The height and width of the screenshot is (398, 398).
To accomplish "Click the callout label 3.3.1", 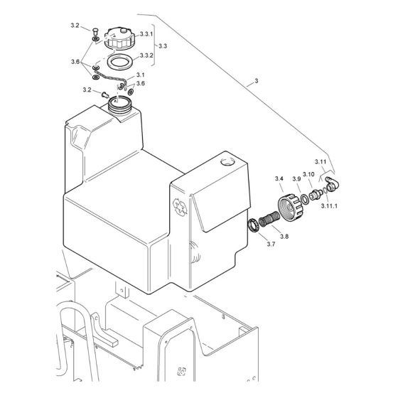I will click(147, 34).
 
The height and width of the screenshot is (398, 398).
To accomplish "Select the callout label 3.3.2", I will click(147, 55).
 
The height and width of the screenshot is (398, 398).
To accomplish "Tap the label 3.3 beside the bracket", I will click(163, 45).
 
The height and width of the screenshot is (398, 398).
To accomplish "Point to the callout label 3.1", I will click(141, 75).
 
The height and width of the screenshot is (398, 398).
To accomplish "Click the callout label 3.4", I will click(279, 178).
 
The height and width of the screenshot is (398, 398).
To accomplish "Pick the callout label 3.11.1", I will click(328, 205).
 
